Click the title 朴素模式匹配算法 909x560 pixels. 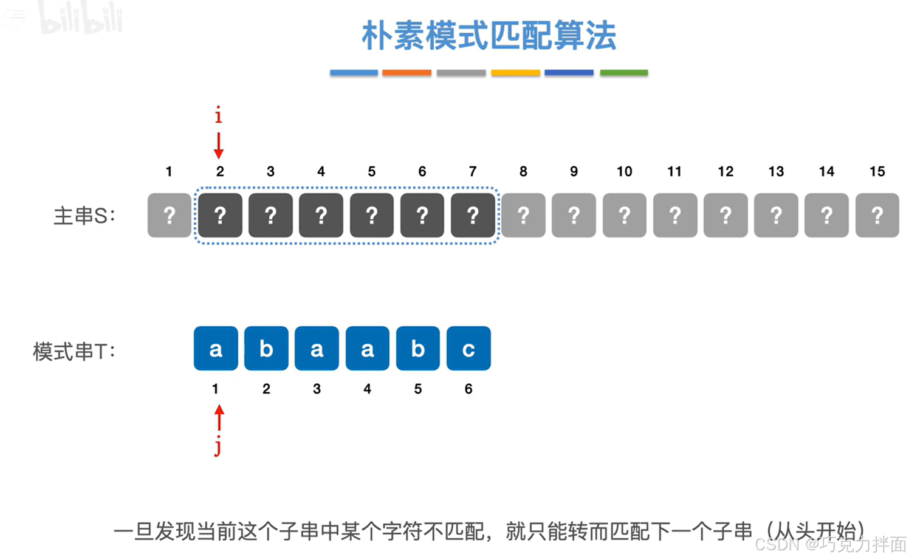pos(489,35)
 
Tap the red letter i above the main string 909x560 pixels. pos(219,114)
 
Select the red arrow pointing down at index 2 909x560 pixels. pos(219,146)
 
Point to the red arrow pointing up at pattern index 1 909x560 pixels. pos(219,418)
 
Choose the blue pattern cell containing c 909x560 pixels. pos(468,349)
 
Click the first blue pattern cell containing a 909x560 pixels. pos(216,349)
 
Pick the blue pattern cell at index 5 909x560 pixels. pos(418,349)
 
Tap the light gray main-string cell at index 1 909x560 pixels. pos(170,215)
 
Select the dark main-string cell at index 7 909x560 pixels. pos(473,215)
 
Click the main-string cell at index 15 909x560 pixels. pos(877,215)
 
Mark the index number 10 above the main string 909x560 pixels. pos(624,172)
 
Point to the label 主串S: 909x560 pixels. pos(84,216)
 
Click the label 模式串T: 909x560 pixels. pos(74,351)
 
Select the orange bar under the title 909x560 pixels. pos(406,73)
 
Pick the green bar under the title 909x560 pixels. pos(623,73)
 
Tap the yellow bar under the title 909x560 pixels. pos(515,73)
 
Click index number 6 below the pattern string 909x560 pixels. pos(468,389)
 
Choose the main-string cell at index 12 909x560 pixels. pos(725,215)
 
